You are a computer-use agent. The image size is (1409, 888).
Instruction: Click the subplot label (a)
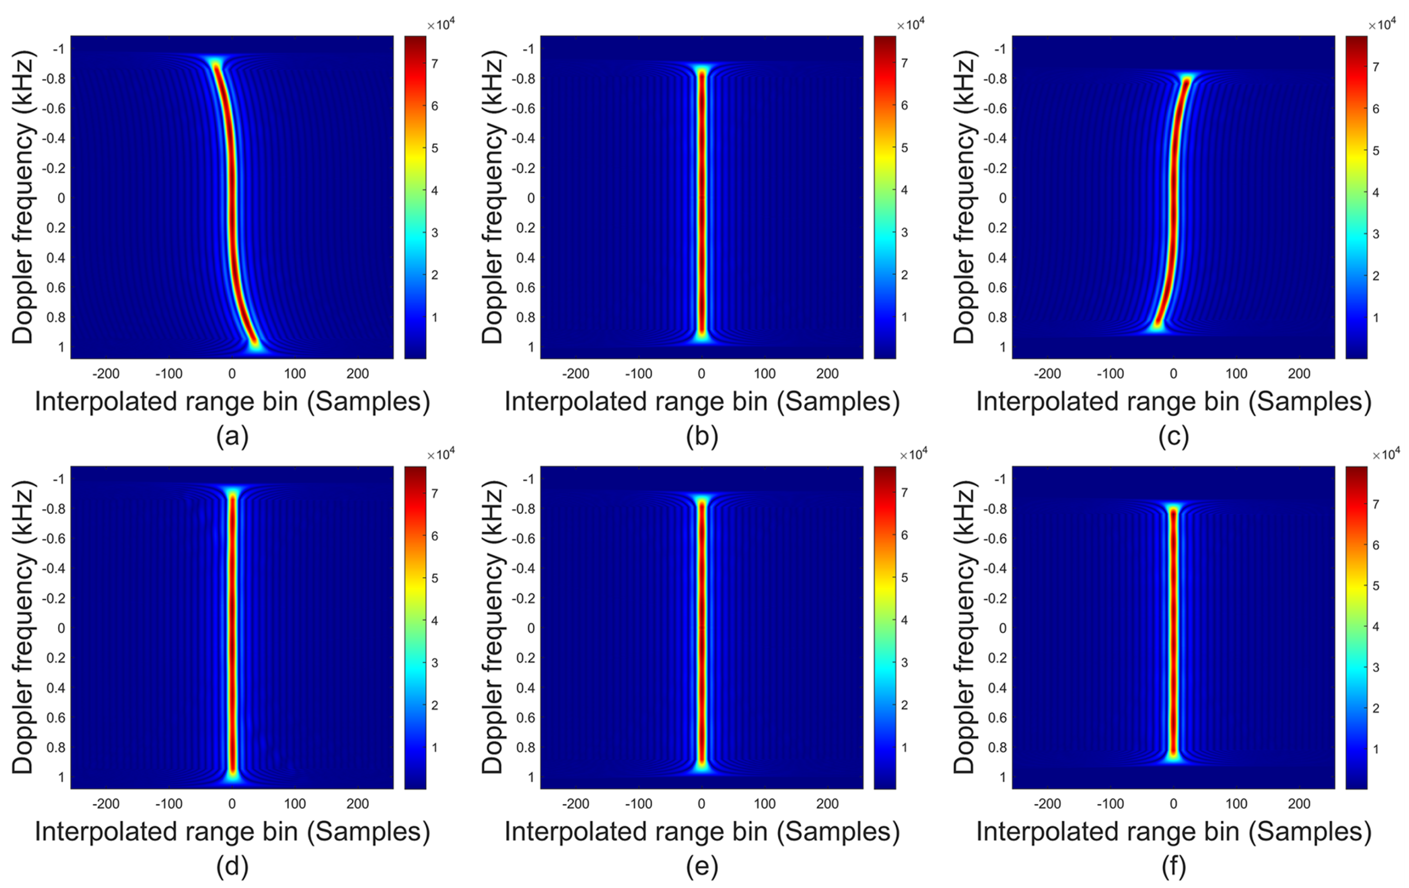coord(232,436)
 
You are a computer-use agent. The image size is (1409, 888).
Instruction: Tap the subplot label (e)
coord(702,866)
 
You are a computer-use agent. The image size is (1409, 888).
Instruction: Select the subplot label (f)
coord(1173,866)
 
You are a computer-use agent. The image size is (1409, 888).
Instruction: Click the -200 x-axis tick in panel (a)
coord(106,374)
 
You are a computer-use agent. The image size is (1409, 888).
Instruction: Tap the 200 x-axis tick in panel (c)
coord(1299,374)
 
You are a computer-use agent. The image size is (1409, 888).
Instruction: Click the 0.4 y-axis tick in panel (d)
coord(56,688)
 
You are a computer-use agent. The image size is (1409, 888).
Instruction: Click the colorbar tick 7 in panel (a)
coord(435,64)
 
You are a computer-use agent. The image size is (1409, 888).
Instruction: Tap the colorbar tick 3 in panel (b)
coord(905,233)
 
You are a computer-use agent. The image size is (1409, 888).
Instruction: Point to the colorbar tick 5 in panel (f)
coord(1376,586)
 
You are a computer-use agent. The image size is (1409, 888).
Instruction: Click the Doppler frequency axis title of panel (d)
coord(23,627)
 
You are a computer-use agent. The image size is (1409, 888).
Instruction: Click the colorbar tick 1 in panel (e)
coord(905,747)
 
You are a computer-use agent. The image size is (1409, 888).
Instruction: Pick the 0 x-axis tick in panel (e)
coord(702,804)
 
